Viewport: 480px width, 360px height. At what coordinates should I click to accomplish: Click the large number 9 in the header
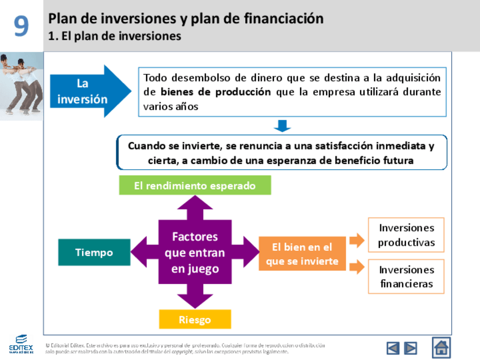[x=22, y=26]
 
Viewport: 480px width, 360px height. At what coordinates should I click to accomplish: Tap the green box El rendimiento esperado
[x=195, y=186]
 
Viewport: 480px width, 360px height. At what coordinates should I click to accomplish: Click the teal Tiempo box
[x=94, y=252]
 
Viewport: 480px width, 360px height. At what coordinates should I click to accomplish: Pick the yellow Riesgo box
[x=195, y=319]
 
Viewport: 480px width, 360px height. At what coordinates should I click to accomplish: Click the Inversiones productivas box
[x=406, y=235]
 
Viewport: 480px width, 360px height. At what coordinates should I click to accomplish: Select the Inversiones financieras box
[x=406, y=277]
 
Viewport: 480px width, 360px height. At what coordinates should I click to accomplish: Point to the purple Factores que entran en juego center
[x=195, y=252]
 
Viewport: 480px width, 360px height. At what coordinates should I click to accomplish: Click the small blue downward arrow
[x=281, y=125]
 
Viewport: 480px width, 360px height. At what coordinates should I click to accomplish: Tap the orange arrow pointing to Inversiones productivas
[x=357, y=240]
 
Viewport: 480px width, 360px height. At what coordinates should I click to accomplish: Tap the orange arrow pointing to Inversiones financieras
[x=357, y=267]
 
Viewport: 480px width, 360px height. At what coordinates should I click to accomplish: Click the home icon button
[x=442, y=347]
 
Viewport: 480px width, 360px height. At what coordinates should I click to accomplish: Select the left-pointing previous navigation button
[x=393, y=348]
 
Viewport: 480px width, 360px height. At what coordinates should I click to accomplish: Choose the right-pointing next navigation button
[x=410, y=348]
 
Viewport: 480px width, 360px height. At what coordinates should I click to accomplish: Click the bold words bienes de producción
[x=216, y=92]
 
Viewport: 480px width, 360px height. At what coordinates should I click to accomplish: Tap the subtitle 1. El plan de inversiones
[x=115, y=36]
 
